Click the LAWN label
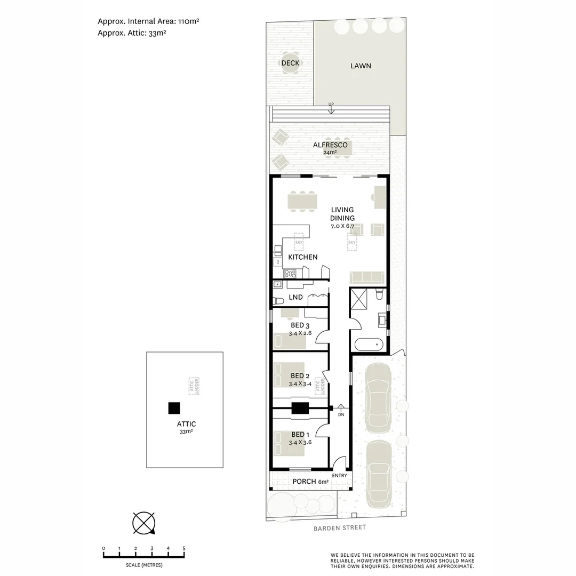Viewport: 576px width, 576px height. tap(361, 66)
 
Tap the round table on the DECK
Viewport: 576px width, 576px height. tap(290, 63)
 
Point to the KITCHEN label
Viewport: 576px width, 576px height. tap(303, 257)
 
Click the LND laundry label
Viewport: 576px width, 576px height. tap(295, 297)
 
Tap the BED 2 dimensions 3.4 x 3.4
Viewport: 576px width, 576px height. tap(300, 383)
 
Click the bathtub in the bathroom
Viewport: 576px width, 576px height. tap(369, 345)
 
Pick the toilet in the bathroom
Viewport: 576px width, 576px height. tap(380, 294)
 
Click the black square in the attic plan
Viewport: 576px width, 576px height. tap(174, 408)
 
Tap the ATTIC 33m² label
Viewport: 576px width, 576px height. tap(186, 428)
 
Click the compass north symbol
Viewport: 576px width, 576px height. tap(144, 522)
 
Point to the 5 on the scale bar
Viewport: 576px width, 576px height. tap(184, 548)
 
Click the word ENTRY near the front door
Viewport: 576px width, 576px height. tap(339, 476)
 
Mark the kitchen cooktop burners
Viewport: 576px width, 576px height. tap(290, 274)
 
